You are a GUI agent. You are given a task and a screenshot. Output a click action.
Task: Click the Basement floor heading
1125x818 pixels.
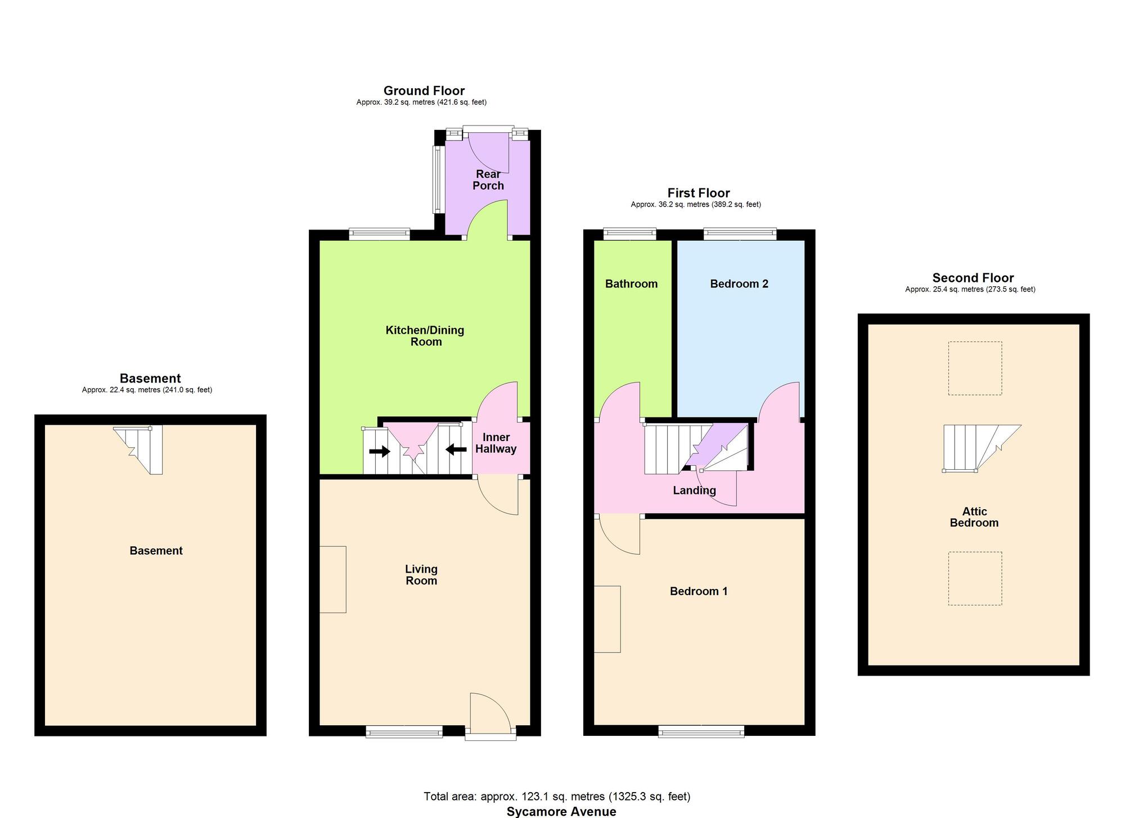150,378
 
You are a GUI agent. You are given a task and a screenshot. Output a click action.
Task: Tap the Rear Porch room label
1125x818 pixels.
488,180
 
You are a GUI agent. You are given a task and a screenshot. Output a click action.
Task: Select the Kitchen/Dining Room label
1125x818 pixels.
425,336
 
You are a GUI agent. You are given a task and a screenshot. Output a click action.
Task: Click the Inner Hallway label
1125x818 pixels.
496,443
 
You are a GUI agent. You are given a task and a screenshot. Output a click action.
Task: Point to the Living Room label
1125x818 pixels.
421,575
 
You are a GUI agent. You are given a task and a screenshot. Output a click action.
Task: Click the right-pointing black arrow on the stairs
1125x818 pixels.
379,451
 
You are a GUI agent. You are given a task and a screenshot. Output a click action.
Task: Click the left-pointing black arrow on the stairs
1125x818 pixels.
456,449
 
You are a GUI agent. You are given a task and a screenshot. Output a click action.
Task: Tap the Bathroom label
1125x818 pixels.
631,284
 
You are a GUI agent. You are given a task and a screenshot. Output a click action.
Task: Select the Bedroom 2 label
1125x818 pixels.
739,284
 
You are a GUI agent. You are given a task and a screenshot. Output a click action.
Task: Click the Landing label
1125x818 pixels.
695,491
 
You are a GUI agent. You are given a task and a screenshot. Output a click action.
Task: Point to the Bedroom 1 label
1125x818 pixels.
699,591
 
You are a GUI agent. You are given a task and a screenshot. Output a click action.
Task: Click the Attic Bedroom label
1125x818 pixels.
974,517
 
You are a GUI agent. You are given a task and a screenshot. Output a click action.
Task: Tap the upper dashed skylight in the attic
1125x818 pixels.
975,368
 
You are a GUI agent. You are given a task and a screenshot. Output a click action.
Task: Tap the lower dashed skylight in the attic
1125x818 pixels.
975,578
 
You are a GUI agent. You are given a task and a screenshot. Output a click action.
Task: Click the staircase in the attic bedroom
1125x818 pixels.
981,448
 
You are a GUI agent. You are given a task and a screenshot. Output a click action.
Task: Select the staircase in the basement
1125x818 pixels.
138,450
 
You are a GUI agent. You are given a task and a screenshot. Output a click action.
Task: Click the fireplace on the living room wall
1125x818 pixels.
332,579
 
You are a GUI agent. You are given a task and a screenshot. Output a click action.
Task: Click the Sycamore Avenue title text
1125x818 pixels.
561,811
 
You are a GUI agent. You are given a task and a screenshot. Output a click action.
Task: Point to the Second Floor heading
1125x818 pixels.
973,277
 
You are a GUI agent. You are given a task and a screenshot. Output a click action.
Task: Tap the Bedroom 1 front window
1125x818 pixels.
701,731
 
